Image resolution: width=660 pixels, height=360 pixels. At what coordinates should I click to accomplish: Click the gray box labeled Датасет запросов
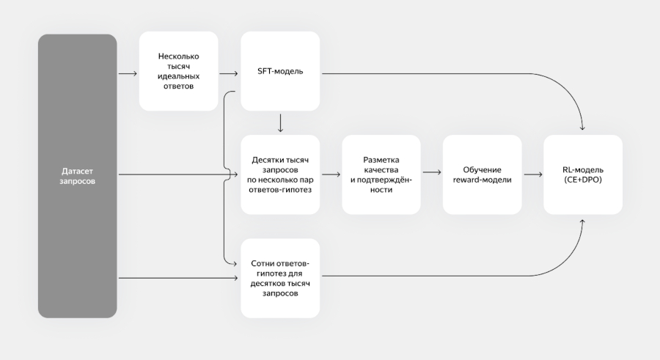coord(77,176)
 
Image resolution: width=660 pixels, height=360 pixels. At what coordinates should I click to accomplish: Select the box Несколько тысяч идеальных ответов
coord(178,71)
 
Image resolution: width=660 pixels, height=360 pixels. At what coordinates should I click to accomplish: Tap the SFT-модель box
coord(280,71)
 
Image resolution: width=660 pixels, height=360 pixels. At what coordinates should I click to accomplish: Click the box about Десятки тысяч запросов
coord(280,175)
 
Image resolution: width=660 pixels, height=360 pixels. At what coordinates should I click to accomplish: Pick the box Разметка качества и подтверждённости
coord(381,175)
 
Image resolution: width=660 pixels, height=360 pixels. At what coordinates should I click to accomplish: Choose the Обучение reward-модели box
coord(482,175)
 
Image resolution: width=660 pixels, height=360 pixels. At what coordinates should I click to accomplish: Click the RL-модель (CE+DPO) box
coord(582,175)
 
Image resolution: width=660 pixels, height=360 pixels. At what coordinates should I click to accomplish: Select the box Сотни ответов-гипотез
coord(280,278)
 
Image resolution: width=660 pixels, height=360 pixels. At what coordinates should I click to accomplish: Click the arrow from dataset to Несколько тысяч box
coord(128,73)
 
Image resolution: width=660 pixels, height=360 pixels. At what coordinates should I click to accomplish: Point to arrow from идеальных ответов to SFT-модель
coord(229,73)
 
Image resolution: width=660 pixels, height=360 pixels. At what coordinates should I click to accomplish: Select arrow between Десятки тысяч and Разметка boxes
coord(331,175)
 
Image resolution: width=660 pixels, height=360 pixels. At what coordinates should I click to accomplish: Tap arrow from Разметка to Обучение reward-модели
coord(431,175)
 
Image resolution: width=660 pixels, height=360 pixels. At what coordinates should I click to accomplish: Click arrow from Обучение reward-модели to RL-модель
coord(532,175)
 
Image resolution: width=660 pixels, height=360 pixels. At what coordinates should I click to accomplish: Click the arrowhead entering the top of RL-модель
coord(582,131)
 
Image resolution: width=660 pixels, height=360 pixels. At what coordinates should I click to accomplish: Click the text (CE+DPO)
coord(582,180)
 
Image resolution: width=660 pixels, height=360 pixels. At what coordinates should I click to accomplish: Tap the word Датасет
coord(77,170)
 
